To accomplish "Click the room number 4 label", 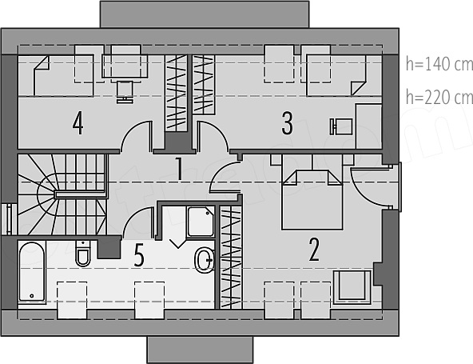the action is (78, 123).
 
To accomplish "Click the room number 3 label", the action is (287, 123).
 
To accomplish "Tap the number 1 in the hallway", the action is (179, 168).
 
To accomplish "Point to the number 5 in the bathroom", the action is (139, 255).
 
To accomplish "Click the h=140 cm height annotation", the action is (439, 64).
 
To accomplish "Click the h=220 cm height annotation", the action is (439, 98).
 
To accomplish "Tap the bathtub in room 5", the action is (32, 272).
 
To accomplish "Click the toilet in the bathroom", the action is (82, 253).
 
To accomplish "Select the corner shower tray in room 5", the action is (201, 222).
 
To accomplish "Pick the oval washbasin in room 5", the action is (205, 260).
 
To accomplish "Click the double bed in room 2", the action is (312, 199).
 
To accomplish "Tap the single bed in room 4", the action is (63, 75).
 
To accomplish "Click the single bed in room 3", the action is (336, 75).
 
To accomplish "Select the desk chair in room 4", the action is (125, 92).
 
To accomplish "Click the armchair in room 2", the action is (352, 286).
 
